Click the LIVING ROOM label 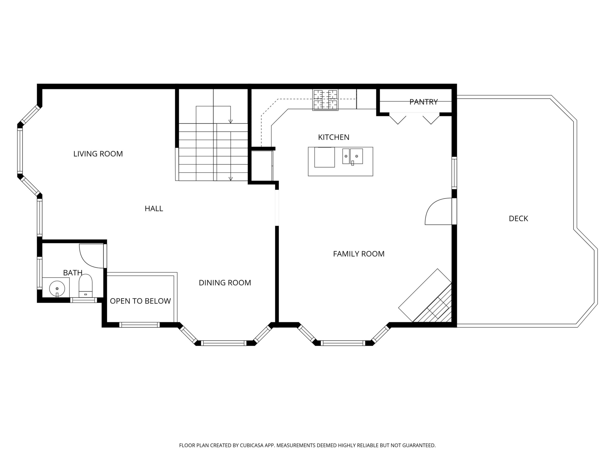click(x=98, y=154)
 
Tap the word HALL click(x=154, y=208)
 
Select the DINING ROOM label click(x=225, y=283)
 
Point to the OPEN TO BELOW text click(x=140, y=301)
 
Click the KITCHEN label click(x=334, y=137)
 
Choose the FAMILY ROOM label click(x=359, y=254)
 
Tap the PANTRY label click(x=424, y=102)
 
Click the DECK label click(x=518, y=218)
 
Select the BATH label click(x=73, y=273)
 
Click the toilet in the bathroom click(x=85, y=286)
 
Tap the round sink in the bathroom click(x=57, y=289)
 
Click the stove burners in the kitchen click(x=325, y=100)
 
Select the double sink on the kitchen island click(x=353, y=156)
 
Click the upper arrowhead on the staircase click(x=230, y=121)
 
